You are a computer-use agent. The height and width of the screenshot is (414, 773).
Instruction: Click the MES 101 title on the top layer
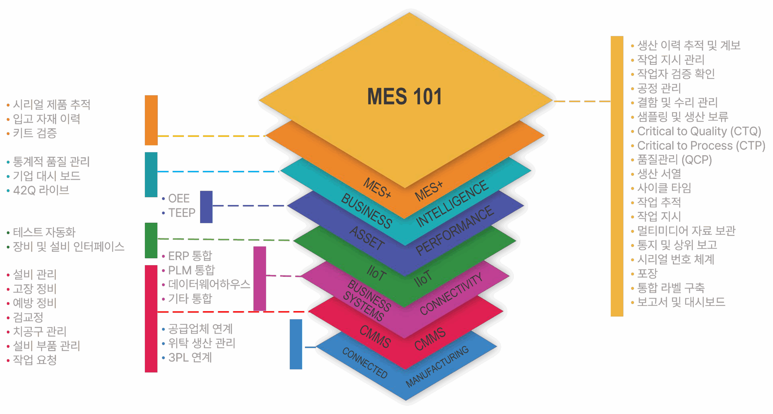[x=404, y=97]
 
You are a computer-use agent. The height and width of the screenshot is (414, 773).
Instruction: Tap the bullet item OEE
[x=179, y=199]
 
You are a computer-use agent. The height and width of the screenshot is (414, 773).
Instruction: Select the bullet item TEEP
[x=182, y=213]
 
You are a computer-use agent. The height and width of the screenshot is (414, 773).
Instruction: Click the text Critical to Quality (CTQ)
[x=699, y=131]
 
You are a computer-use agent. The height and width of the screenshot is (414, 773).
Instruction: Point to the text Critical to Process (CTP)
[x=701, y=146]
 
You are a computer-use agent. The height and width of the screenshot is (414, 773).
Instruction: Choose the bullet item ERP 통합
[x=190, y=256]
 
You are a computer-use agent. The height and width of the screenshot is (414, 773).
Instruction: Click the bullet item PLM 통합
[x=191, y=270]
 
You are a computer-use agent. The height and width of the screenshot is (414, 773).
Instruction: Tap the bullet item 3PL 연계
[x=190, y=358]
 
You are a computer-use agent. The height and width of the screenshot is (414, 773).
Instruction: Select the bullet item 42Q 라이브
[x=41, y=190]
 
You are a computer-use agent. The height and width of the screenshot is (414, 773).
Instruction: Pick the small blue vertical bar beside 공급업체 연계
[x=296, y=344]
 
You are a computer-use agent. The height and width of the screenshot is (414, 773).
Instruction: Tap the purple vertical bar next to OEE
[x=206, y=207]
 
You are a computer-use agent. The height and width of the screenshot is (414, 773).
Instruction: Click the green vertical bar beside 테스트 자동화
[x=151, y=240]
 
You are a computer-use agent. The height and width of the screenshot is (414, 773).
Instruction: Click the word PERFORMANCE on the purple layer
[x=454, y=230]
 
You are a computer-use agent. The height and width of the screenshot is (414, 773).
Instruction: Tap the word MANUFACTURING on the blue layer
[x=437, y=366]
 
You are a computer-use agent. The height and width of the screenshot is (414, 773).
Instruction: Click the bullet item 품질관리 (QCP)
[x=674, y=160]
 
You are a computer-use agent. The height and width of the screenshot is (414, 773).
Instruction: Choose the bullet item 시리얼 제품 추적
[x=52, y=104]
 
